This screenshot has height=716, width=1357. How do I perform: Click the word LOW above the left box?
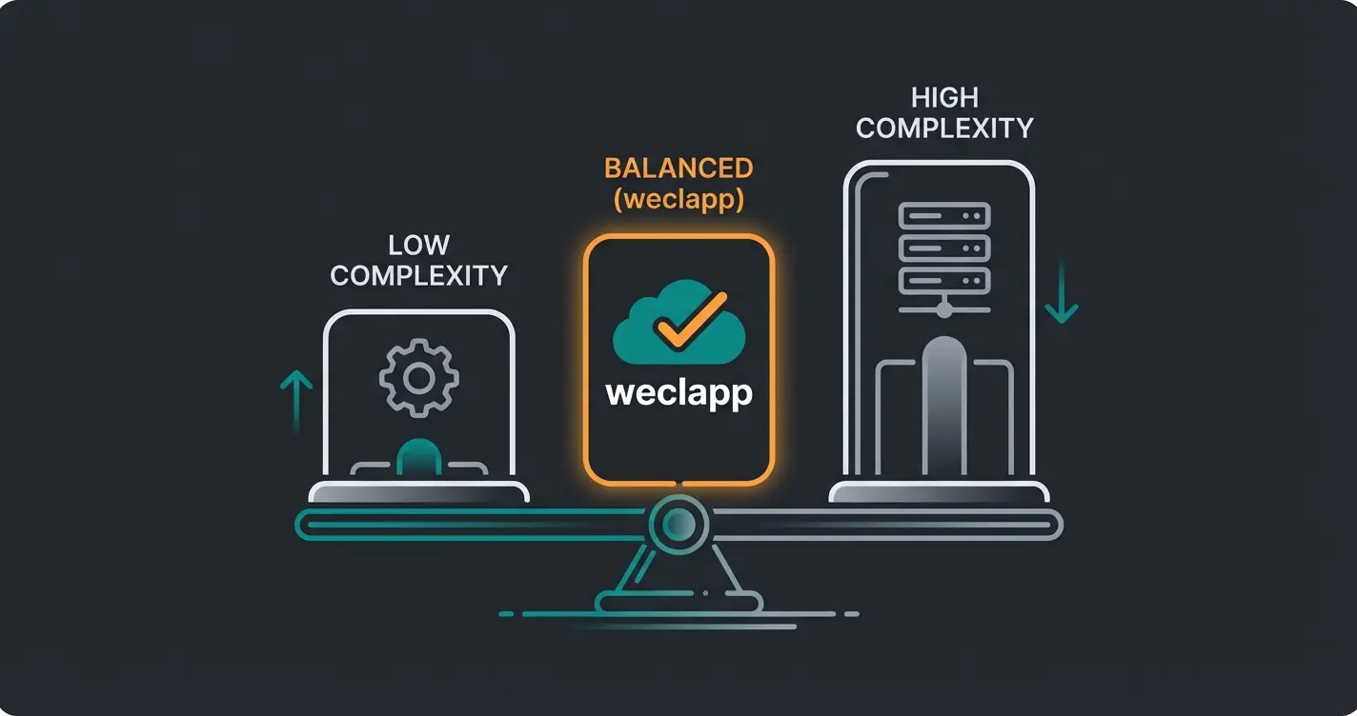coord(418,246)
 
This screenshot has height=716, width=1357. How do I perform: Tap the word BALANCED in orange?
coord(678,169)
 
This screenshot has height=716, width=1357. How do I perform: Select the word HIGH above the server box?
coord(943,97)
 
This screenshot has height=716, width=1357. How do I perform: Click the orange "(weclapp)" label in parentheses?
coord(678,200)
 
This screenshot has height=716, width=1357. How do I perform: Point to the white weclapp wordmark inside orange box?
coord(678,393)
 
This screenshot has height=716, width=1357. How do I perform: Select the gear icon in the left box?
coord(418,378)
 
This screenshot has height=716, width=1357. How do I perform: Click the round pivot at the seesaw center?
coord(678,523)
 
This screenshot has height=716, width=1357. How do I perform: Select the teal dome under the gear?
coord(418,456)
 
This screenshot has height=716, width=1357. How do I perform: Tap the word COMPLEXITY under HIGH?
coord(943,129)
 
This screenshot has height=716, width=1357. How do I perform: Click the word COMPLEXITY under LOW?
coord(418,276)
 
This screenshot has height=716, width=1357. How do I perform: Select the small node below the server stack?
coord(943,308)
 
